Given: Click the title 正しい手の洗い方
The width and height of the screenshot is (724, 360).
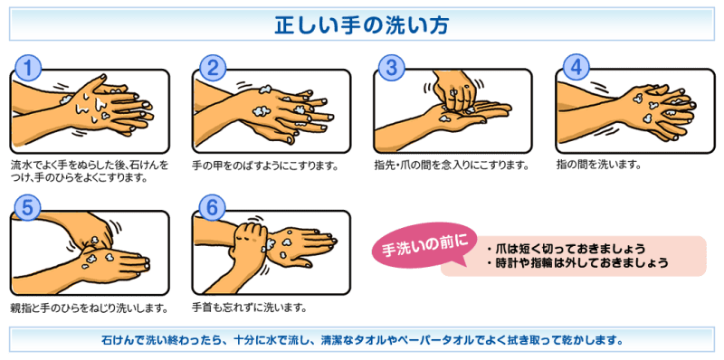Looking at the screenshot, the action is click(361, 24).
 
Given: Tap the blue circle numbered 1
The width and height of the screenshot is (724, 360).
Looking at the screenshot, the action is click(29, 69).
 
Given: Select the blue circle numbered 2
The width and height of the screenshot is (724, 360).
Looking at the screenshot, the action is click(214, 69).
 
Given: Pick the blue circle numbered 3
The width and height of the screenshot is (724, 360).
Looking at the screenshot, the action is click(392, 69).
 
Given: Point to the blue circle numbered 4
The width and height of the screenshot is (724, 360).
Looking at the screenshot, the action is click(576, 69).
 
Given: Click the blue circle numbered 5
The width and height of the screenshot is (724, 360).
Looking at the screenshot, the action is click(29, 208).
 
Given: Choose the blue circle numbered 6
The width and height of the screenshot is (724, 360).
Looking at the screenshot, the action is click(212, 208).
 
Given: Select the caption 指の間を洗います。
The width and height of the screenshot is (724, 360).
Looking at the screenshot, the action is click(598, 165).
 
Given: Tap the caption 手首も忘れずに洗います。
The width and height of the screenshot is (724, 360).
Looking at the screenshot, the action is click(250, 307).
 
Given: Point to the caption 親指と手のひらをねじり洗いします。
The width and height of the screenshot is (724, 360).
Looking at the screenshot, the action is click(88, 307).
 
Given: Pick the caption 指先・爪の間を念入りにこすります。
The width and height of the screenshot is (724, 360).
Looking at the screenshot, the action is click(451, 165).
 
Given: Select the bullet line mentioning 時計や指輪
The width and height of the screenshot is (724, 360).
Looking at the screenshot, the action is click(577, 263).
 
